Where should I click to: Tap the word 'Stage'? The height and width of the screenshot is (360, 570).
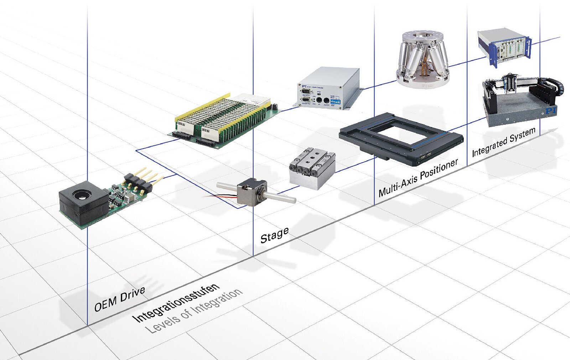274,235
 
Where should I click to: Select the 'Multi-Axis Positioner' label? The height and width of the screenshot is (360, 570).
418,178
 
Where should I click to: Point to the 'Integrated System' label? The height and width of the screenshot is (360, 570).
503,142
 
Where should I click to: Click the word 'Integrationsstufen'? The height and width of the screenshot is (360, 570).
176,303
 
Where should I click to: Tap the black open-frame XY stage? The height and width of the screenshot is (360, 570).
401,139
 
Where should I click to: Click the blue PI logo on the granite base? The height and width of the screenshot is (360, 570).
550,111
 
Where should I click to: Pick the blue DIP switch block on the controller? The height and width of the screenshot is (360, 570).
335,101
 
